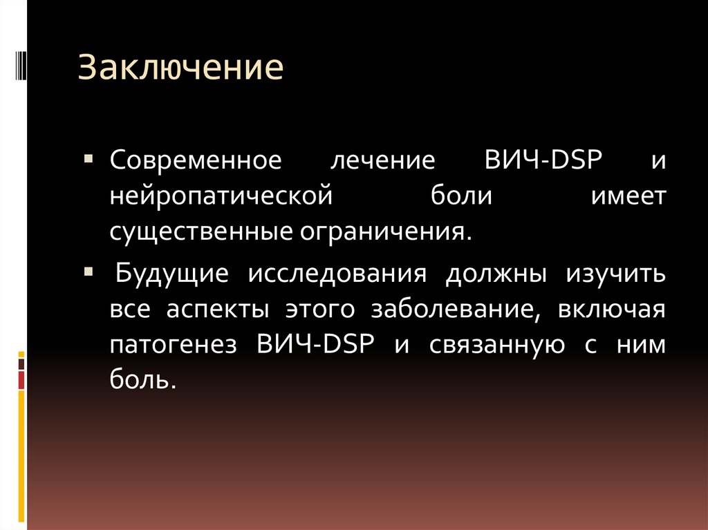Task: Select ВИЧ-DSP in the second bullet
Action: click(x=315, y=343)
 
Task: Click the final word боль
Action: click(x=138, y=379)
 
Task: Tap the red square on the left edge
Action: click(x=22, y=380)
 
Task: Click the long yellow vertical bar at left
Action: click(x=22, y=456)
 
